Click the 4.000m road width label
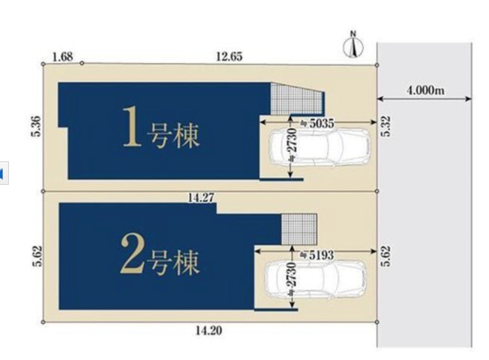click(x=425, y=90)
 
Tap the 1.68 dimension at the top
click(x=62, y=57)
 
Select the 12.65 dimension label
click(x=229, y=57)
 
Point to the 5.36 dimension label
click(x=36, y=126)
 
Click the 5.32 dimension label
click(x=386, y=125)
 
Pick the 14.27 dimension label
click(x=200, y=197)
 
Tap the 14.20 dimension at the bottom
click(x=209, y=330)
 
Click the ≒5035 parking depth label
click(x=317, y=124)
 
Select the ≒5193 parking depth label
click(x=317, y=255)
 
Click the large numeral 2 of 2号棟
click(x=132, y=254)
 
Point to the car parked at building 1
click(x=319, y=147)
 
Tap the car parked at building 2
click(x=315, y=279)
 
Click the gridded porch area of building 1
click(x=296, y=99)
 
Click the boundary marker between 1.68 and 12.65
click(x=82, y=63)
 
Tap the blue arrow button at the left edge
click(x=3, y=173)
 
